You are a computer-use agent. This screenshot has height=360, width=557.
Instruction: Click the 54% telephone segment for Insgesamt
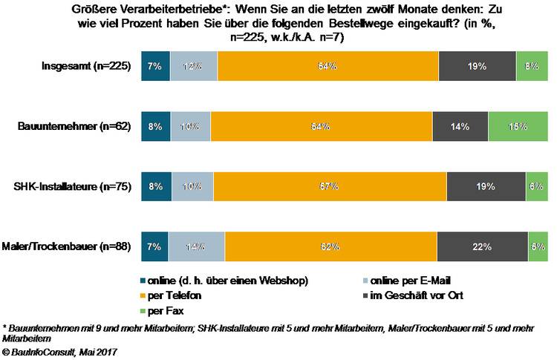328,66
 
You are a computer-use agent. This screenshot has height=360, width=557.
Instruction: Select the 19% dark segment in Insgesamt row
477,66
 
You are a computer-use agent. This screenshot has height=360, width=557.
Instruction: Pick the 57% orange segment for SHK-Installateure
330,186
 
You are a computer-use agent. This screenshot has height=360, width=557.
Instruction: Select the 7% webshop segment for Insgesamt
155,66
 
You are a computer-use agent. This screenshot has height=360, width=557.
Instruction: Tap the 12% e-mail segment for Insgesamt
194,66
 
